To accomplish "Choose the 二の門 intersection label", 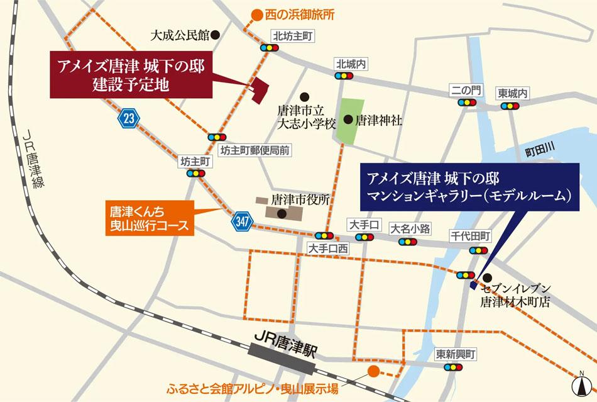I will click(466, 91).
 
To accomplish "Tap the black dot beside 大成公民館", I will click(214, 35).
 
